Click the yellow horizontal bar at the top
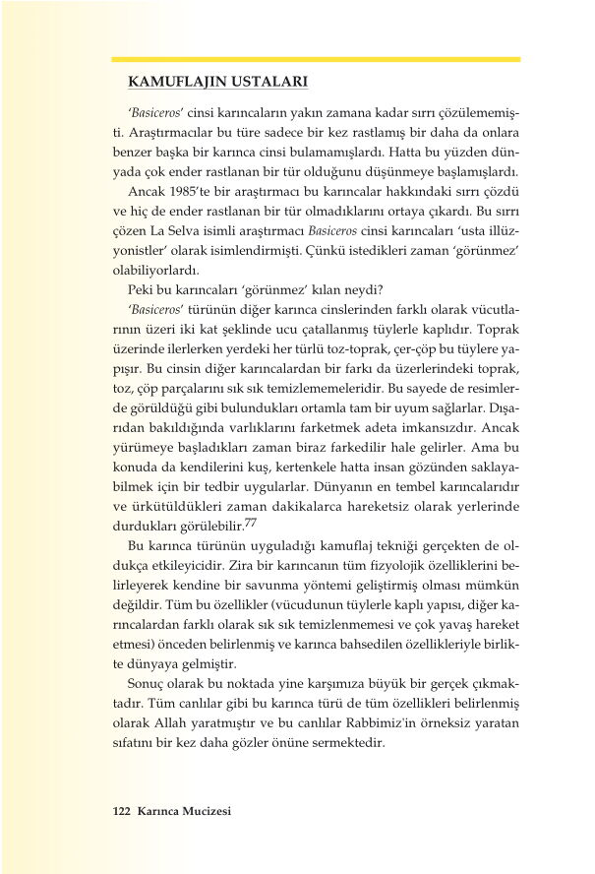316,59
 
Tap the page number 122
122,811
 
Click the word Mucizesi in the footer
203,811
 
